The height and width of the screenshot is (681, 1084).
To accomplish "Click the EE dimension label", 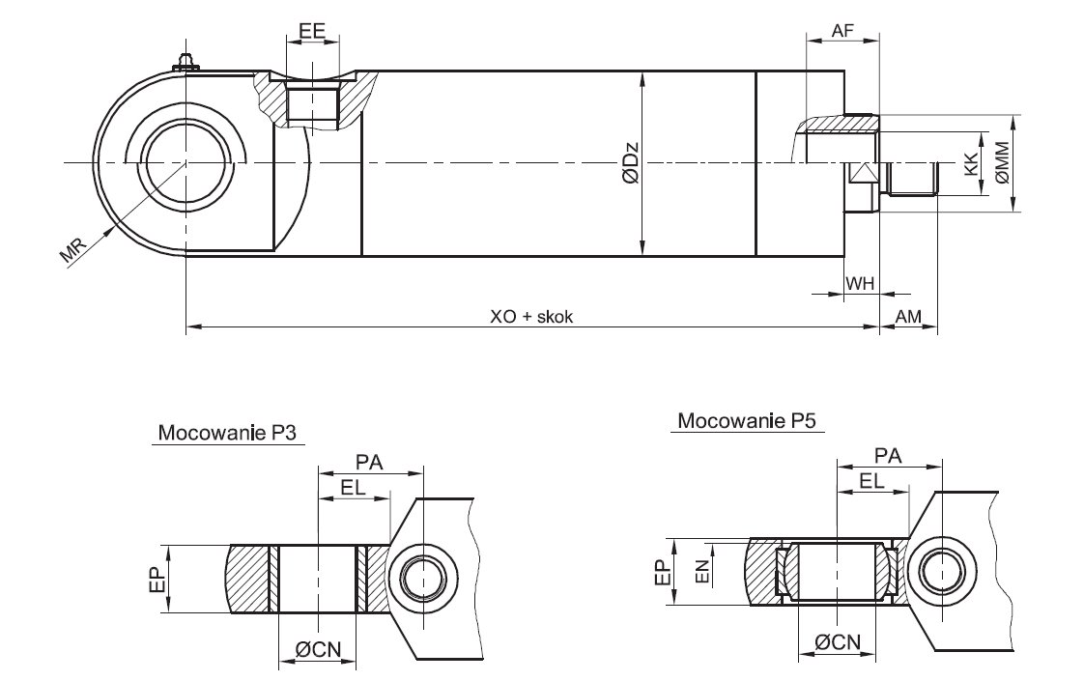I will tap(312, 30).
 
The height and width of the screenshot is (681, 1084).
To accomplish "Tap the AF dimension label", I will tap(842, 30).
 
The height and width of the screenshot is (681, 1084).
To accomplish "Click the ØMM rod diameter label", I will tap(1002, 162).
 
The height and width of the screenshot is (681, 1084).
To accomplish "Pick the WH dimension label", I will tap(860, 283).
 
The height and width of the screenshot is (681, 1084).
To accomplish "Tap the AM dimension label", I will tap(908, 317).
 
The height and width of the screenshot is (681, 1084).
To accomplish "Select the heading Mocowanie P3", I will tap(229, 432).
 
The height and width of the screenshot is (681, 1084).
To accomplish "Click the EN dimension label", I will tap(704, 571).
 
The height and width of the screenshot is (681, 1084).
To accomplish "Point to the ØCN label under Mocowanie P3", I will tap(317, 651).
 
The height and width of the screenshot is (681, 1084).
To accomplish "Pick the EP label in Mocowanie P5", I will tap(661, 571).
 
